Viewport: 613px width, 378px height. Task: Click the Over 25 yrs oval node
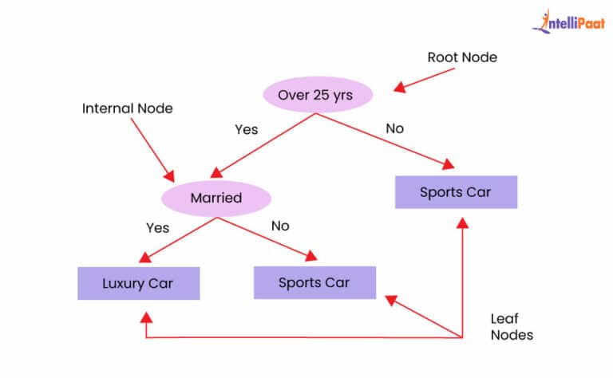(317, 96)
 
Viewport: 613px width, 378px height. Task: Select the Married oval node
(216, 197)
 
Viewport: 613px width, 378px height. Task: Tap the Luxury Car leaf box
(138, 283)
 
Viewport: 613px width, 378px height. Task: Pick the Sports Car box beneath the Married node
(314, 282)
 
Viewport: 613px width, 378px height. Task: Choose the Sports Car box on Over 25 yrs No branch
(457, 192)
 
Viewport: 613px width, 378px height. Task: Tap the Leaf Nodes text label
(511, 327)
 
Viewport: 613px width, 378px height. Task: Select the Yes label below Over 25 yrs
(246, 128)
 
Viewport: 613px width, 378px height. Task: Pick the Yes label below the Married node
(157, 227)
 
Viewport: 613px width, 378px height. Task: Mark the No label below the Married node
(280, 226)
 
